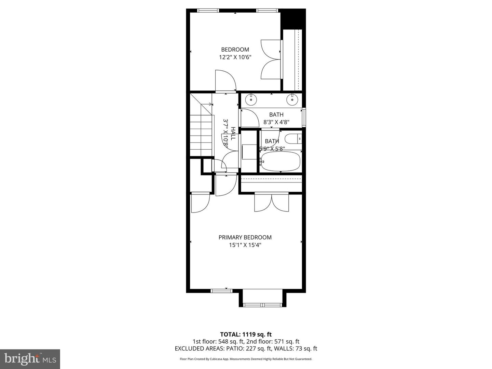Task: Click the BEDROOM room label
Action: point(235,50)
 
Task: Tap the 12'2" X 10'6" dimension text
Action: point(235,57)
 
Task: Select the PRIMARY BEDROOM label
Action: point(245,237)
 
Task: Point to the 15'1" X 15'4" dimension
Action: point(245,245)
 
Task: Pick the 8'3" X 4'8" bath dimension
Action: point(276,122)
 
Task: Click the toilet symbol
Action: point(293,139)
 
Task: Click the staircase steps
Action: point(201,135)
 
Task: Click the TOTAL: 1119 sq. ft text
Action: point(246,334)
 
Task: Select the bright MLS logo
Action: point(30,359)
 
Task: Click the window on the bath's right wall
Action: point(304,118)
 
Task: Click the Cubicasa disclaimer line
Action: point(246,359)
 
